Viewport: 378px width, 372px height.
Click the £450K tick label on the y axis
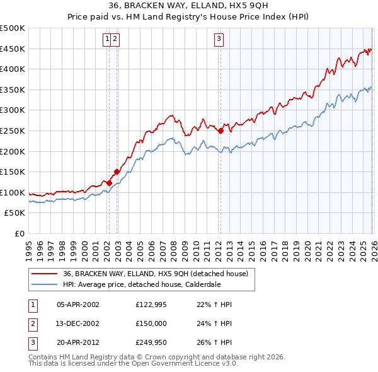13,49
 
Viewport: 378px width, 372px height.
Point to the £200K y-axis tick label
13,151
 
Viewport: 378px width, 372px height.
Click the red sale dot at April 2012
220,131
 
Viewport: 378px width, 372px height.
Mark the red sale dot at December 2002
117,171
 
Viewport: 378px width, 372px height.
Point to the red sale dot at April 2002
109,183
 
